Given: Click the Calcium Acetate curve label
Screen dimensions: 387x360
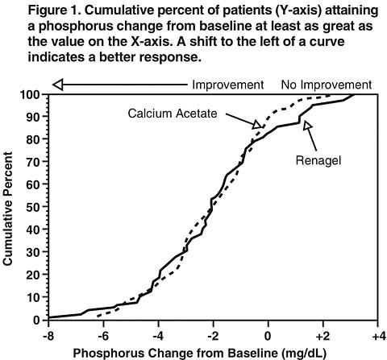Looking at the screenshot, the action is [x=173, y=114].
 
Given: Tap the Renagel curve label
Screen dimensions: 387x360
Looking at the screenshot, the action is [x=318, y=161].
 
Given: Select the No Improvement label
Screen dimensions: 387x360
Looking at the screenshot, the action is [x=327, y=85].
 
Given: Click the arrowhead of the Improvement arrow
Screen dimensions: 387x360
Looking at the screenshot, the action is [x=58, y=85].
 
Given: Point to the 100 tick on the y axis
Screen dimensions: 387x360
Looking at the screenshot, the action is [x=48, y=94].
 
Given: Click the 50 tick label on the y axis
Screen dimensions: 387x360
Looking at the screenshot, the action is [x=34, y=207].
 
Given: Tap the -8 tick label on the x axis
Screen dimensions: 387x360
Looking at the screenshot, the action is [x=48, y=336].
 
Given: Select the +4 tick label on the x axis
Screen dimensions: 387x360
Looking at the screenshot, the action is [x=378, y=336].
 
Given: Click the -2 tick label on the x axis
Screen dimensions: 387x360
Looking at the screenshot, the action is [x=214, y=336].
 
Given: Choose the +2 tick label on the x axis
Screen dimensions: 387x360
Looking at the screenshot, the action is [x=322, y=336].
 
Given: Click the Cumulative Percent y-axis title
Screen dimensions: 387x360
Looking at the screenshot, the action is [x=7, y=209].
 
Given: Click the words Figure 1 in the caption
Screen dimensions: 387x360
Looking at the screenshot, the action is [x=55, y=10].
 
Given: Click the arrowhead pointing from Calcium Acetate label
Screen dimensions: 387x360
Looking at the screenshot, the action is [x=257, y=124].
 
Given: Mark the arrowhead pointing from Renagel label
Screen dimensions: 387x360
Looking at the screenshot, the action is [x=307, y=126].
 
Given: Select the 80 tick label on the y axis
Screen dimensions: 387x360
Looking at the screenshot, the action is [x=34, y=139].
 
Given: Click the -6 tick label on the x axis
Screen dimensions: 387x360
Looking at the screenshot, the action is [x=103, y=336].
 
